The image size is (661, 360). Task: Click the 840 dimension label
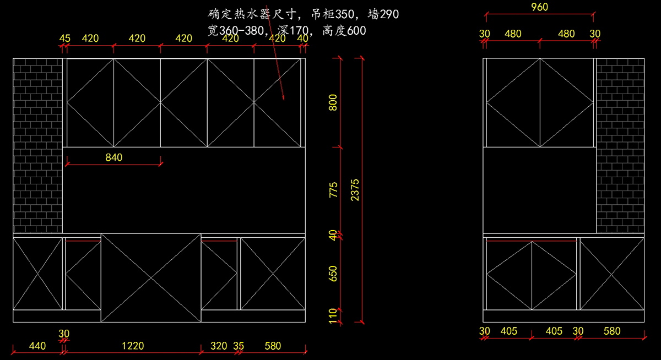(x=114, y=157)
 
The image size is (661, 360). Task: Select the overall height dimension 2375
(x=355, y=189)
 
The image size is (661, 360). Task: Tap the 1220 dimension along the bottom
(x=133, y=346)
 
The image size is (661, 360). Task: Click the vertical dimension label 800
(x=333, y=103)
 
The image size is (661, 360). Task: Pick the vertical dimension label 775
(x=333, y=190)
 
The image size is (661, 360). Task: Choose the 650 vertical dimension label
(x=333, y=274)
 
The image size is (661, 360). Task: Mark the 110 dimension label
(x=333, y=315)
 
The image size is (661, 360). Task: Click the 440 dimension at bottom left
(x=37, y=346)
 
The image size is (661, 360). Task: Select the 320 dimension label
(x=219, y=346)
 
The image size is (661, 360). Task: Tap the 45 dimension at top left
(x=65, y=39)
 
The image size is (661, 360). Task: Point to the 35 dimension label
(x=239, y=346)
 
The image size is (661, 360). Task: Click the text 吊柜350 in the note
(x=328, y=14)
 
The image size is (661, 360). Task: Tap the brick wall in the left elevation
(x=37, y=145)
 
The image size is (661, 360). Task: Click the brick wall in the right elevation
(x=620, y=145)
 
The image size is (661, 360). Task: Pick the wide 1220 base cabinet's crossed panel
(x=150, y=278)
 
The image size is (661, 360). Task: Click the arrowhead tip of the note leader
(x=284, y=100)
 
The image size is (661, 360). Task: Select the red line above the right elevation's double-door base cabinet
(x=532, y=241)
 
